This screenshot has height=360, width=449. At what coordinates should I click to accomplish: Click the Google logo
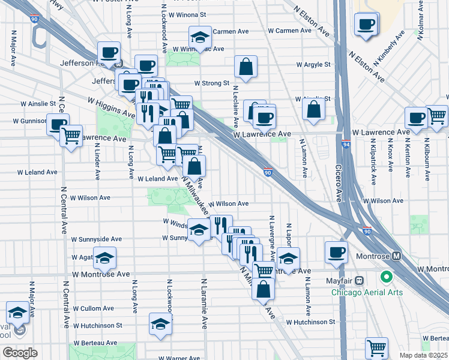pos(19,353)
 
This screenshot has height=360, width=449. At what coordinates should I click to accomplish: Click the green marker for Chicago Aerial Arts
pos(386,278)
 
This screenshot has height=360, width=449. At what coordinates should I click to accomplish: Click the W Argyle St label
pos(313,64)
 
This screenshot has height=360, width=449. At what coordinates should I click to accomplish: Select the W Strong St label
pos(211,83)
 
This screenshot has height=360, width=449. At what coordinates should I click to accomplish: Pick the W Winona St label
pos(188,14)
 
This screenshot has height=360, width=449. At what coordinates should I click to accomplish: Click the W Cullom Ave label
pos(93,308)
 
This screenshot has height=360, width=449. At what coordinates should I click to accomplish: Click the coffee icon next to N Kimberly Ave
pos(366,25)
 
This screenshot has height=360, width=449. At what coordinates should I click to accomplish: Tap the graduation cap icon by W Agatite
pos(105,258)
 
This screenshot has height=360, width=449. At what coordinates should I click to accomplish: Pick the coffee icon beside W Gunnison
pos(58,124)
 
